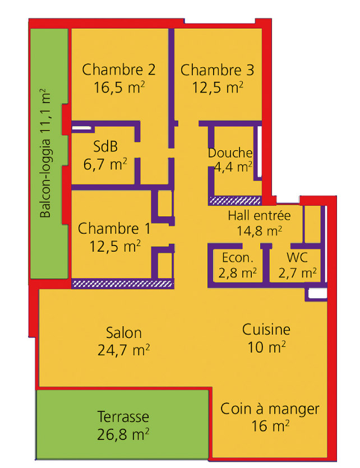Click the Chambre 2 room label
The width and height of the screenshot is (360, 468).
click(x=119, y=69)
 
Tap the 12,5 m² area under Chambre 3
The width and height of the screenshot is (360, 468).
click(x=218, y=87)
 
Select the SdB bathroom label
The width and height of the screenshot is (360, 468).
click(x=105, y=146)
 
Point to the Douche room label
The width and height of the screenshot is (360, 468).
click(x=230, y=153)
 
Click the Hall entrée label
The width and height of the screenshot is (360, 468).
click(x=259, y=215)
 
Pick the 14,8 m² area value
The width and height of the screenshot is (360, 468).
click(x=259, y=230)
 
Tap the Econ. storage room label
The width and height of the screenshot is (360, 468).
click(x=238, y=258)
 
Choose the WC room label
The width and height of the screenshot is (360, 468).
click(x=297, y=258)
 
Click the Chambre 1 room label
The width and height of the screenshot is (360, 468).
click(x=114, y=229)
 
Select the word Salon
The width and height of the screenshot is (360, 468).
click(x=123, y=333)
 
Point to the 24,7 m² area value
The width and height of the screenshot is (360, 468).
click(x=123, y=350)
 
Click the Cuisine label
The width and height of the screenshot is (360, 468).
click(x=266, y=330)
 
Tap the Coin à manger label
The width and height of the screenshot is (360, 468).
click(x=270, y=409)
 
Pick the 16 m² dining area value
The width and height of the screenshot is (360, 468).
click(x=270, y=425)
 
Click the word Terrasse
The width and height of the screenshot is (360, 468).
click(x=123, y=416)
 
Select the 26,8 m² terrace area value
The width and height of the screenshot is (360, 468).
click(x=123, y=434)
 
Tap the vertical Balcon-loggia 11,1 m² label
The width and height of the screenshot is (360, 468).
click(x=45, y=153)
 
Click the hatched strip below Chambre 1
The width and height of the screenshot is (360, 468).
click(x=122, y=284)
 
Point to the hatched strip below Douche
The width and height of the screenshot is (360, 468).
click(x=235, y=200)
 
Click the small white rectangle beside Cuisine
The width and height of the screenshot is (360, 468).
click(x=317, y=294)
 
